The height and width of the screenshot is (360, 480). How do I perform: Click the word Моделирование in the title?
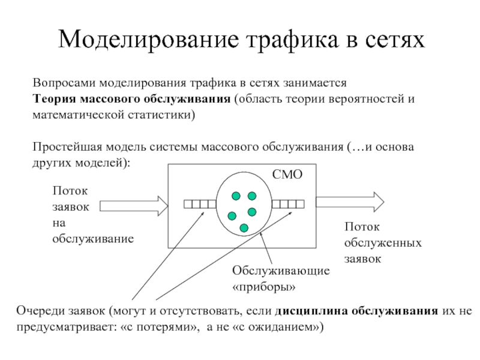click(148, 40)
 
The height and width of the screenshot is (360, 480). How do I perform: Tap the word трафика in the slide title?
click(292, 39)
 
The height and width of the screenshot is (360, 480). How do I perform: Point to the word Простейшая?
click(67, 147)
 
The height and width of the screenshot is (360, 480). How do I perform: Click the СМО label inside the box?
click(287, 175)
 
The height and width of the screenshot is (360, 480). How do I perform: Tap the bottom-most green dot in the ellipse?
click(244, 228)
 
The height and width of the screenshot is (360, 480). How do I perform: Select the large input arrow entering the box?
click(134, 206)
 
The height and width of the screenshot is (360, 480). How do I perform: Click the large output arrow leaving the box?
click(350, 202)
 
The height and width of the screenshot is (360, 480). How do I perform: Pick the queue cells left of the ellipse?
click(200, 204)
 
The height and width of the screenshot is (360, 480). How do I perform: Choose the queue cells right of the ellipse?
click(288, 204)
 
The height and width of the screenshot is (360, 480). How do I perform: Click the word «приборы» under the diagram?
click(264, 287)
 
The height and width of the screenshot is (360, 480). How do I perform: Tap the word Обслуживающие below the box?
click(281, 271)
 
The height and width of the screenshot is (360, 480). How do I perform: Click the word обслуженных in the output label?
click(383, 243)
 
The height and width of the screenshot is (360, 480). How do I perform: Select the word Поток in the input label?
click(70, 191)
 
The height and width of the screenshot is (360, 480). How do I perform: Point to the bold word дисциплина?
click(311, 311)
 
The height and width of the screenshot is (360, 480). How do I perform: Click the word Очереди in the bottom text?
click(40, 311)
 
